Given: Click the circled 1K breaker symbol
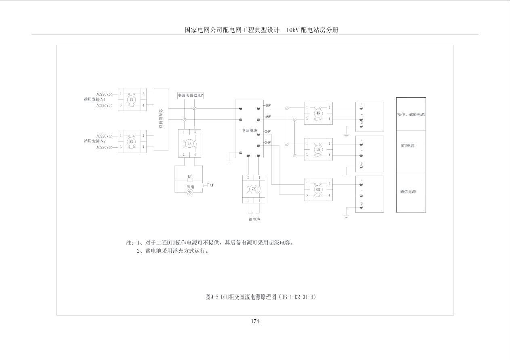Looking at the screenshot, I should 131,100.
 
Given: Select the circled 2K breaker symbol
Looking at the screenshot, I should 131,142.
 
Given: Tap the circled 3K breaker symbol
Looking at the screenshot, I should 189,143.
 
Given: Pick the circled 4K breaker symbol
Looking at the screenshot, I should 318,113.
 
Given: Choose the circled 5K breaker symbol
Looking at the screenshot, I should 318,149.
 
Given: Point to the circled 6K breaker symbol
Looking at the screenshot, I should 318,189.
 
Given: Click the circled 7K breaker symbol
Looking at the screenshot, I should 254,189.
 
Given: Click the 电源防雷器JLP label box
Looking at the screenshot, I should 191,96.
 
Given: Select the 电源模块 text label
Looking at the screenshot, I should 249,131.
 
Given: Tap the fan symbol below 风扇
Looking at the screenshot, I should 190,193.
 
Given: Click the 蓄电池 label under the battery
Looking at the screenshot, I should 254,220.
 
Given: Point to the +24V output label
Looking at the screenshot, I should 267,132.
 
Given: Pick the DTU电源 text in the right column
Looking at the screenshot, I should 407,146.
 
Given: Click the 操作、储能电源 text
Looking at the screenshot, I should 411,115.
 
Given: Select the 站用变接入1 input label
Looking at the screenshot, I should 94,99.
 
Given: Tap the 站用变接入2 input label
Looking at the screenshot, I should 94,141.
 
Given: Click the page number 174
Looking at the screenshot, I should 255,321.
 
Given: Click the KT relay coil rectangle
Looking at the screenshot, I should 190,180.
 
